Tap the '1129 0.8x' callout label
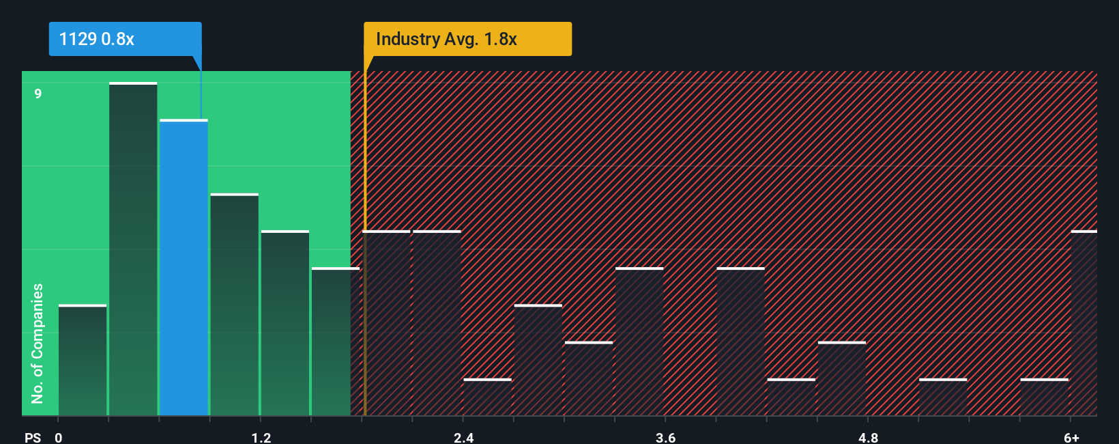[x=125, y=39]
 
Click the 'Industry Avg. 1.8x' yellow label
[x=467, y=39]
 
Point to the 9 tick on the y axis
[x=38, y=94]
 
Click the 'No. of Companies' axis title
[x=38, y=343]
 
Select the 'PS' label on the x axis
[x=33, y=437]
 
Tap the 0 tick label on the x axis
[x=59, y=437]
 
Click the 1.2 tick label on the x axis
[x=261, y=437]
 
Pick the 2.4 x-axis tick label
[x=463, y=437]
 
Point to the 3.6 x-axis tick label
[x=665, y=437]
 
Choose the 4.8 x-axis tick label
[x=868, y=437]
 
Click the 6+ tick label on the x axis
[x=1071, y=437]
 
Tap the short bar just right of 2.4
[x=487, y=397]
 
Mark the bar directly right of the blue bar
[x=234, y=305]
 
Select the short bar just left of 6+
[x=1044, y=397]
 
